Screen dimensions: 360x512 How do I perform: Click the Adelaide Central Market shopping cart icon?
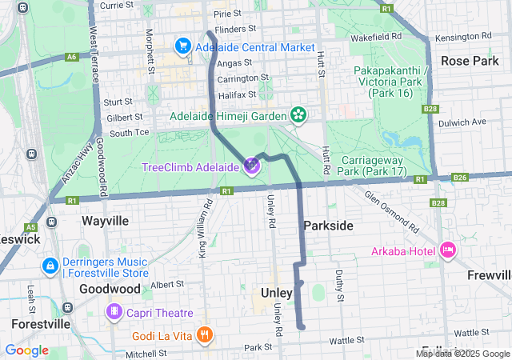click(x=182, y=47)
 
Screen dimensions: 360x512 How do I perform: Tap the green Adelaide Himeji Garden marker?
click(x=298, y=116)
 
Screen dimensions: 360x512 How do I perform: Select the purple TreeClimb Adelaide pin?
click(x=252, y=166)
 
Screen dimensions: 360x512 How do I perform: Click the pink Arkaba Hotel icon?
click(x=447, y=251)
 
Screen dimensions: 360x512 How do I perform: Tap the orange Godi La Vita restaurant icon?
click(x=205, y=334)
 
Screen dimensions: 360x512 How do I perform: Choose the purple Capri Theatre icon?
click(x=116, y=312)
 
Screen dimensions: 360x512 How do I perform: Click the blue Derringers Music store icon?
click(x=50, y=265)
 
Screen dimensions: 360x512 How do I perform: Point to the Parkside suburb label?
click(x=328, y=226)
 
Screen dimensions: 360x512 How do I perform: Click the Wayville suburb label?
click(x=105, y=219)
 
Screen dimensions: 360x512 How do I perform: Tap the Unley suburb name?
click(x=277, y=293)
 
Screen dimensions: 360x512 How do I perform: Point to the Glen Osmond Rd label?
click(x=391, y=211)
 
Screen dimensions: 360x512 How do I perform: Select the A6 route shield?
click(x=72, y=57)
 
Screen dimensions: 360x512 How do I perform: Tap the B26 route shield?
click(x=459, y=178)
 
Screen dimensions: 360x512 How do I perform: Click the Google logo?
click(x=26, y=350)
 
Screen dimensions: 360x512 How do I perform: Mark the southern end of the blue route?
click(x=302, y=326)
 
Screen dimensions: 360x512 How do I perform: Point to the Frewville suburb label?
click(x=489, y=275)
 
